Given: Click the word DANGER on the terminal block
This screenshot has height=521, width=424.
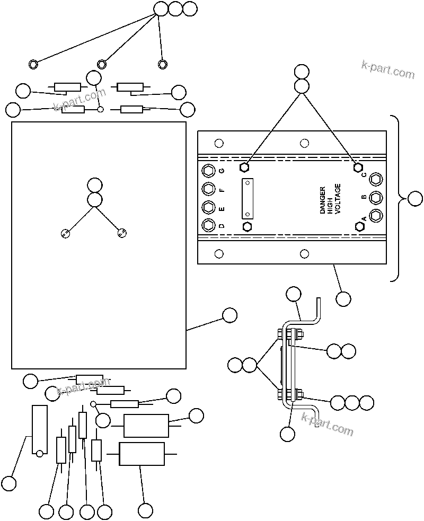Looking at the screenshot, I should pyautogui.click(x=323, y=200).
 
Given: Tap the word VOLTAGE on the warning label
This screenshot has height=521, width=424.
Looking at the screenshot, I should pyautogui.click(x=338, y=199).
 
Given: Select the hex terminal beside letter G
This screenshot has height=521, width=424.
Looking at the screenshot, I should pyautogui.click(x=208, y=171).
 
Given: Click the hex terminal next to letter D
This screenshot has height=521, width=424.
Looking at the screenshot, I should pyautogui.click(x=208, y=225).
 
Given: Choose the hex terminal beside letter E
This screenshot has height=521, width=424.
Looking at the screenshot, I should pyautogui.click(x=208, y=207).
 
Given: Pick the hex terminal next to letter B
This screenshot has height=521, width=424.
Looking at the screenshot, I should pyautogui.click(x=376, y=197).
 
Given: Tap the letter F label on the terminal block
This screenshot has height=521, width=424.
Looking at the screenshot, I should pyautogui.click(x=222, y=189).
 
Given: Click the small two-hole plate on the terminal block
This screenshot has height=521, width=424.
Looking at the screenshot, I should pyautogui.click(x=247, y=198).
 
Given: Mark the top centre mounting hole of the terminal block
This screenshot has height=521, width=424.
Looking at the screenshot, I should pyautogui.click(x=304, y=143).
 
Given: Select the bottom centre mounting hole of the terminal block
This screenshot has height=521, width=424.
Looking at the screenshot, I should pyautogui.click(x=304, y=254).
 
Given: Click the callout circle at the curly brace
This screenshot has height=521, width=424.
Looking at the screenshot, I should pyautogui.click(x=415, y=199).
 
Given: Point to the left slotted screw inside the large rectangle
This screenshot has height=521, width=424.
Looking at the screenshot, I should pyautogui.click(x=65, y=233).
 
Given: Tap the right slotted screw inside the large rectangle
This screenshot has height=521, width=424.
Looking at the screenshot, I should pyautogui.click(x=122, y=232).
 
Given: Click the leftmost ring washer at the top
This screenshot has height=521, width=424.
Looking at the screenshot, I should pyautogui.click(x=33, y=64).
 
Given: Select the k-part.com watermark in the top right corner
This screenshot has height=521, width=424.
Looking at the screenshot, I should pyautogui.click(x=388, y=69).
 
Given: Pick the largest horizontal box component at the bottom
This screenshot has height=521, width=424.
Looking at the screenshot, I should pyautogui.click(x=142, y=454).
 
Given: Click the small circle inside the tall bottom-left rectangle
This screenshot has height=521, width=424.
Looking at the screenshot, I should pyautogui.click(x=39, y=453).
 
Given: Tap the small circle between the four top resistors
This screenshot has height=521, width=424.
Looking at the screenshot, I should pyautogui.click(x=100, y=110).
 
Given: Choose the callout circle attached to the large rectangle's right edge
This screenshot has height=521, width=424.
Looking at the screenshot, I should pyautogui.click(x=229, y=315).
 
